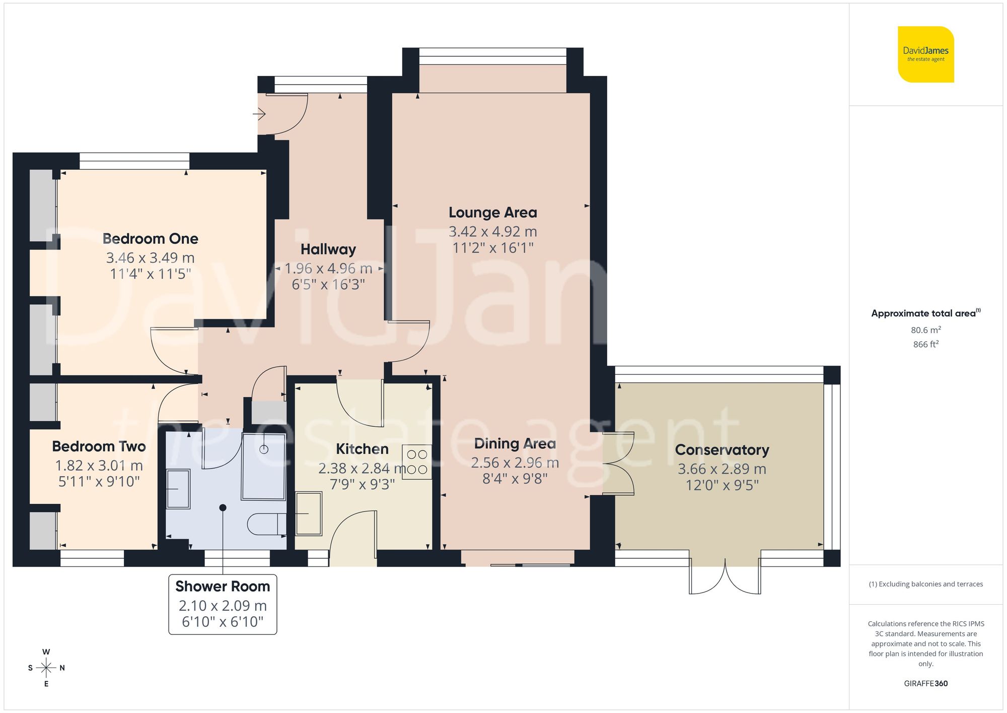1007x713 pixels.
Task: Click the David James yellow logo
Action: (x=925, y=54)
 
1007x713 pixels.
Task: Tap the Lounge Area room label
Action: (x=492, y=213)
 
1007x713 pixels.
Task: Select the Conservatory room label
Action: (x=722, y=449)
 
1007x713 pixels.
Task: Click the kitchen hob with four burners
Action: (x=417, y=462)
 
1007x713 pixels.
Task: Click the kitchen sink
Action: (x=308, y=513)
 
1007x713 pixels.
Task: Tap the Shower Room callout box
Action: (x=223, y=604)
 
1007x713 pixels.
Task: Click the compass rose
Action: (x=46, y=668)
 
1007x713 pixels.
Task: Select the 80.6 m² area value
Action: (x=925, y=330)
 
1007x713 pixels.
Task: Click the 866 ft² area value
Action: (x=925, y=345)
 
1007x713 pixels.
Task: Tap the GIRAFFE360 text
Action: (x=925, y=683)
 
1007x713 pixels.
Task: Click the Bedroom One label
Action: (x=150, y=238)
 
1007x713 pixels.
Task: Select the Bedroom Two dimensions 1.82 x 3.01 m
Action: (x=99, y=466)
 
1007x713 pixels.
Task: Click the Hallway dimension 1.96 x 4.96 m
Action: (x=328, y=269)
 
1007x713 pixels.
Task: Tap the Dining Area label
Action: (x=515, y=443)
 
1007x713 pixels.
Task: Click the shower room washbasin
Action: (x=178, y=489)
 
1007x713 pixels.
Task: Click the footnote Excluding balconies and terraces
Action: (x=925, y=584)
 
